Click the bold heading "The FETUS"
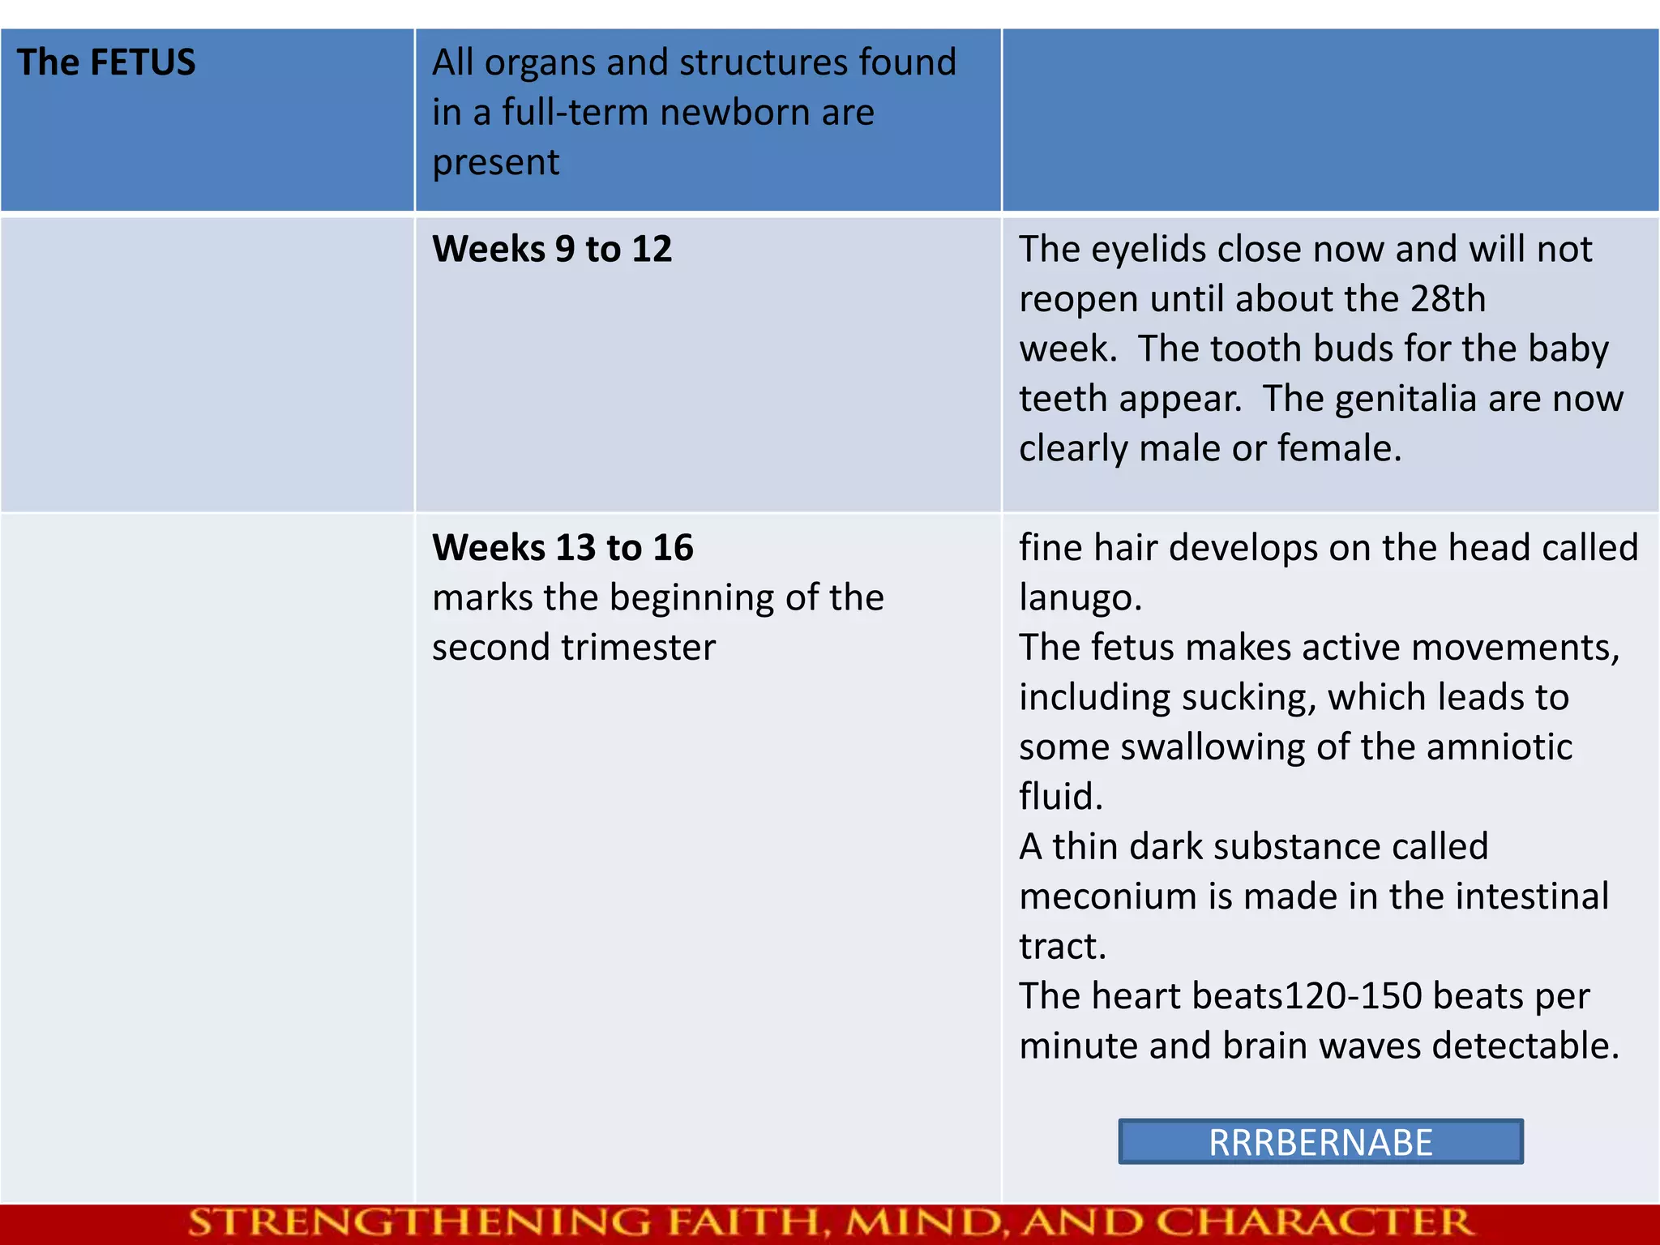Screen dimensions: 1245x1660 (106, 62)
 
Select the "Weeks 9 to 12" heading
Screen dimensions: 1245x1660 (552, 249)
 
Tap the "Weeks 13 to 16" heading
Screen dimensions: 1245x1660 (563, 548)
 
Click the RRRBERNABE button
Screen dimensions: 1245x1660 (1320, 1142)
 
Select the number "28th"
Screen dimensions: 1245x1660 (1448, 299)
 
